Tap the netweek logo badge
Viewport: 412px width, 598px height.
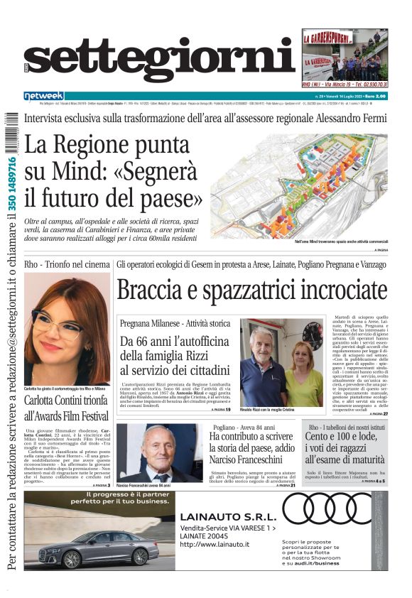coord(44,96)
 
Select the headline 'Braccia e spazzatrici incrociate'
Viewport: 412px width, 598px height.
coord(251,290)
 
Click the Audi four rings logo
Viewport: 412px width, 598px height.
coord(334,508)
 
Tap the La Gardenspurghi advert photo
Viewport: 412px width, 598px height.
coord(345,55)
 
